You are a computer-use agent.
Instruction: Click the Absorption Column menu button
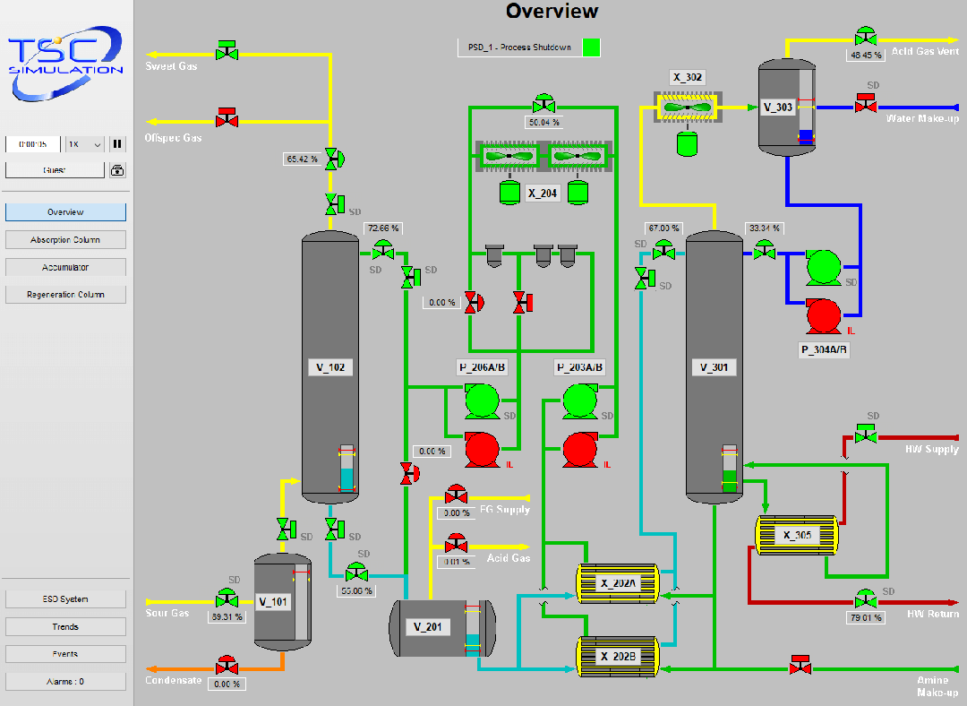(x=65, y=240)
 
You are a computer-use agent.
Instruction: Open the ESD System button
(x=65, y=599)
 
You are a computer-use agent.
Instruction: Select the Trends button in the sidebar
(x=65, y=627)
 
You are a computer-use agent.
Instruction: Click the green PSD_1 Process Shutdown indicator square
(x=591, y=47)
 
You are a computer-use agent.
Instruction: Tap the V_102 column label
(x=330, y=367)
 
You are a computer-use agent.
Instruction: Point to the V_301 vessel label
(x=714, y=367)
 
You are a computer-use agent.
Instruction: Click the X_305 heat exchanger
(x=797, y=536)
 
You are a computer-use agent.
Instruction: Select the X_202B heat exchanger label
(x=618, y=657)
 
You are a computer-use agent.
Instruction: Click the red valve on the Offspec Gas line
(x=227, y=118)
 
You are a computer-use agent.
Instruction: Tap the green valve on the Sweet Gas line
(x=227, y=50)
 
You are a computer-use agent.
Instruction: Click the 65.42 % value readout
(x=302, y=159)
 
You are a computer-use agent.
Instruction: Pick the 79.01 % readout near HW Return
(x=865, y=617)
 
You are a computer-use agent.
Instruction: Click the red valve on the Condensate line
(x=227, y=667)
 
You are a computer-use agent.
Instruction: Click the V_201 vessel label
(x=427, y=627)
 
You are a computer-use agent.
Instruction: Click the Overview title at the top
(x=552, y=12)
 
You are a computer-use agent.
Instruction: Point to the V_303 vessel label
(x=778, y=108)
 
